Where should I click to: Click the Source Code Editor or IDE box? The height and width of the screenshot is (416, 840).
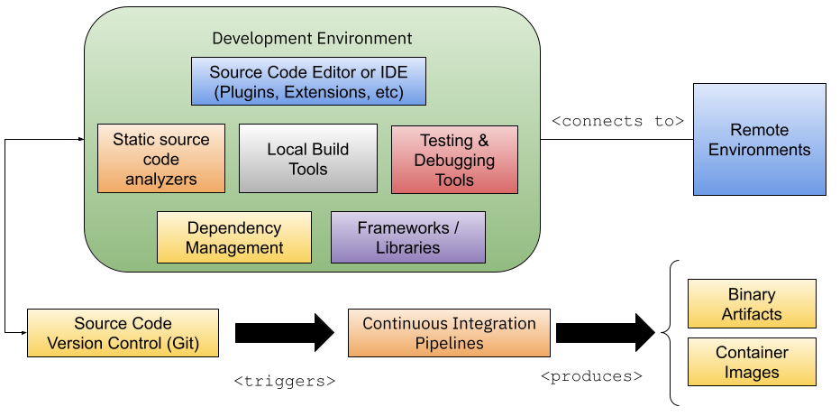coord(307,81)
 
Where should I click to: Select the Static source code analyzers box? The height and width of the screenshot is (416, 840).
coord(161,159)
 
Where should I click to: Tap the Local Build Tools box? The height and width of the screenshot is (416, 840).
coord(308,159)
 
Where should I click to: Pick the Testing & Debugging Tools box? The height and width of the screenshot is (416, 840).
coord(454,160)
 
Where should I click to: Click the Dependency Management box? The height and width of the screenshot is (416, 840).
coord(234,237)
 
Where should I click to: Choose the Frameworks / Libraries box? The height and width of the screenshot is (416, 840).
coord(408,237)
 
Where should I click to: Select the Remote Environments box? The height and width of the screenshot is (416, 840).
coord(759,140)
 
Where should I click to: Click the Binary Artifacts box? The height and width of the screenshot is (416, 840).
coord(752,304)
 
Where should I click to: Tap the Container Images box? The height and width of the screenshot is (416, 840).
coord(752,362)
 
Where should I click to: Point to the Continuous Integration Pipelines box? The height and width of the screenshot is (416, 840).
coord(449,333)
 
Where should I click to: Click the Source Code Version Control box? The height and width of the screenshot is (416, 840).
coord(123,333)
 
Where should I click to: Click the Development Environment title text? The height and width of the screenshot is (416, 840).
coord(312,38)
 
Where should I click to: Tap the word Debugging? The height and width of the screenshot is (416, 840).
coord(454,161)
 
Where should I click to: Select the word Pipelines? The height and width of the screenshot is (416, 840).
coord(449,343)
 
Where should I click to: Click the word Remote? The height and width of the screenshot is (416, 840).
coord(759,130)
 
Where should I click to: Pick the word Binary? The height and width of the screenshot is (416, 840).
coord(752,295)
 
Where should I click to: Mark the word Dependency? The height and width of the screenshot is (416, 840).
coord(234,227)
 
